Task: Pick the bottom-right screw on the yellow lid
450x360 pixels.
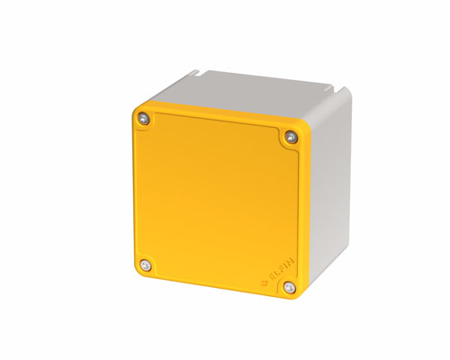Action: [289, 287]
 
